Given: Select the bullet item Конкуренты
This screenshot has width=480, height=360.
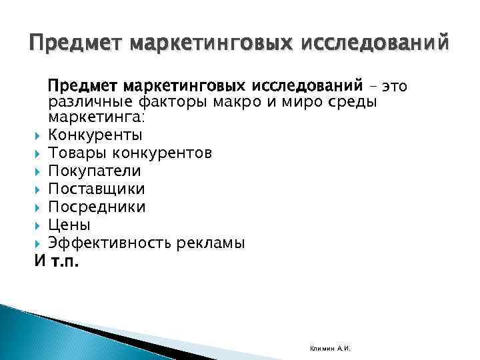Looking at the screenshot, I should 95,135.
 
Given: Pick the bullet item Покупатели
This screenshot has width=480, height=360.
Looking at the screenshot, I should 95,171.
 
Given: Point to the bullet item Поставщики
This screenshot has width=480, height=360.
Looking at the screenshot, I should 96,189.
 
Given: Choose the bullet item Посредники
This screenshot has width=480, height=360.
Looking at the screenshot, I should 97,207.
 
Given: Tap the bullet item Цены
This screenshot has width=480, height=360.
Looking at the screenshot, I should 69,225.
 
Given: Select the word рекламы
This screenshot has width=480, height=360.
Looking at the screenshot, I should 211,243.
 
